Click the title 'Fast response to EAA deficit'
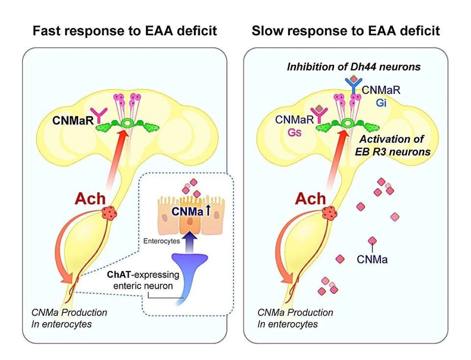coord(125,31)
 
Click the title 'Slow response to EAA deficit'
coord(346,31)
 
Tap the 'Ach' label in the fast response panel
coord(90,199)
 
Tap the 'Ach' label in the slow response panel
coord(310,199)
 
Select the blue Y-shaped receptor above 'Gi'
coord(354,85)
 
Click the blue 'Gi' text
coord(381,103)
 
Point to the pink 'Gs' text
coord(294,132)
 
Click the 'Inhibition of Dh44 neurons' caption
coord(354,67)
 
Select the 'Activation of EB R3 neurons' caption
coord(392,145)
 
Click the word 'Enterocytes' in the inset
coord(161,241)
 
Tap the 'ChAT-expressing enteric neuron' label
coord(143,280)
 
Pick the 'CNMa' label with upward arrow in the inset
coord(191,211)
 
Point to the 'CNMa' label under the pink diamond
coord(372,259)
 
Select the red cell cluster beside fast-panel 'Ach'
coord(109,213)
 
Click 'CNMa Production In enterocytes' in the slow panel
coord(295,318)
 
